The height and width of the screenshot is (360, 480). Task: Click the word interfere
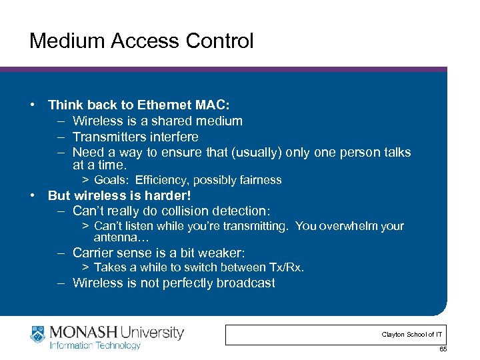(x=175, y=137)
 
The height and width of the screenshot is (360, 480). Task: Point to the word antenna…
(x=121, y=237)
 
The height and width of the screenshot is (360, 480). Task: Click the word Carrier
(x=93, y=253)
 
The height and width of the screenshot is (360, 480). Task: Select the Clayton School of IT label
(x=411, y=334)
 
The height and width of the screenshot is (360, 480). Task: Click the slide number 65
(x=442, y=350)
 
